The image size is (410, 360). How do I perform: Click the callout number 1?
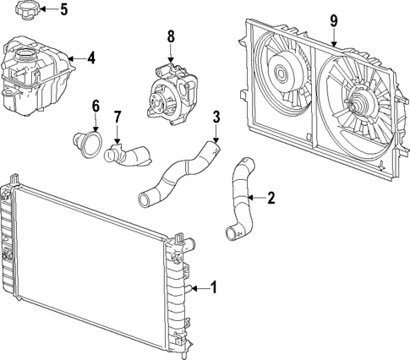pyautogui.click(x=214, y=288)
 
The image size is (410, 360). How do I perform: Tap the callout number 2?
pyautogui.click(x=271, y=199)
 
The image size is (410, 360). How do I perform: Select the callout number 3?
pyautogui.click(x=216, y=117)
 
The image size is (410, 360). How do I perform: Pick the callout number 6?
pyautogui.click(x=96, y=106)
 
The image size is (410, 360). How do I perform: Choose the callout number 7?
pyautogui.click(x=118, y=116)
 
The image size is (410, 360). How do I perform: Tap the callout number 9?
pyautogui.click(x=334, y=19)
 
